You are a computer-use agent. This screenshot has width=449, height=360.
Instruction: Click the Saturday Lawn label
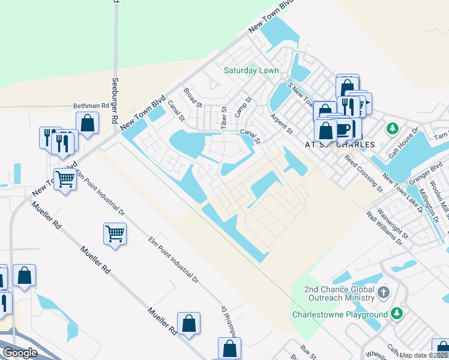pyautogui.click(x=251, y=70)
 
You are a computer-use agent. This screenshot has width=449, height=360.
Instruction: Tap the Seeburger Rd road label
pyautogui.click(x=114, y=100)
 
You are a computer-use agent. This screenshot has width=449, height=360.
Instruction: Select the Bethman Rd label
pyautogui.click(x=91, y=106)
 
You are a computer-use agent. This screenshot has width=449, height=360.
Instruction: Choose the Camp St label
pyautogui.click(x=242, y=108)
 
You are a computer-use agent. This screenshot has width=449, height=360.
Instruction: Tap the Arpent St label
pyautogui.click(x=281, y=124)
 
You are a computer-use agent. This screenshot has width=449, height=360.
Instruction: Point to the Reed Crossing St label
pyautogui.click(x=363, y=173)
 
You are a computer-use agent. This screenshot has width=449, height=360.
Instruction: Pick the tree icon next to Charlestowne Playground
pyautogui.click(x=396, y=314)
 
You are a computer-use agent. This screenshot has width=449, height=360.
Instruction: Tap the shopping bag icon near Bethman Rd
pyautogui.click(x=88, y=122)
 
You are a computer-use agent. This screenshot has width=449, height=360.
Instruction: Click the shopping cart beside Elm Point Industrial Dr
pyautogui.click(x=114, y=233)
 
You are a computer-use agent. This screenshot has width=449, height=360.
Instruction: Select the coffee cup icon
pyautogui.click(x=343, y=129)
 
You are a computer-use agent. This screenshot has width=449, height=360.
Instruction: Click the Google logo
pyautogui.click(x=20, y=353)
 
